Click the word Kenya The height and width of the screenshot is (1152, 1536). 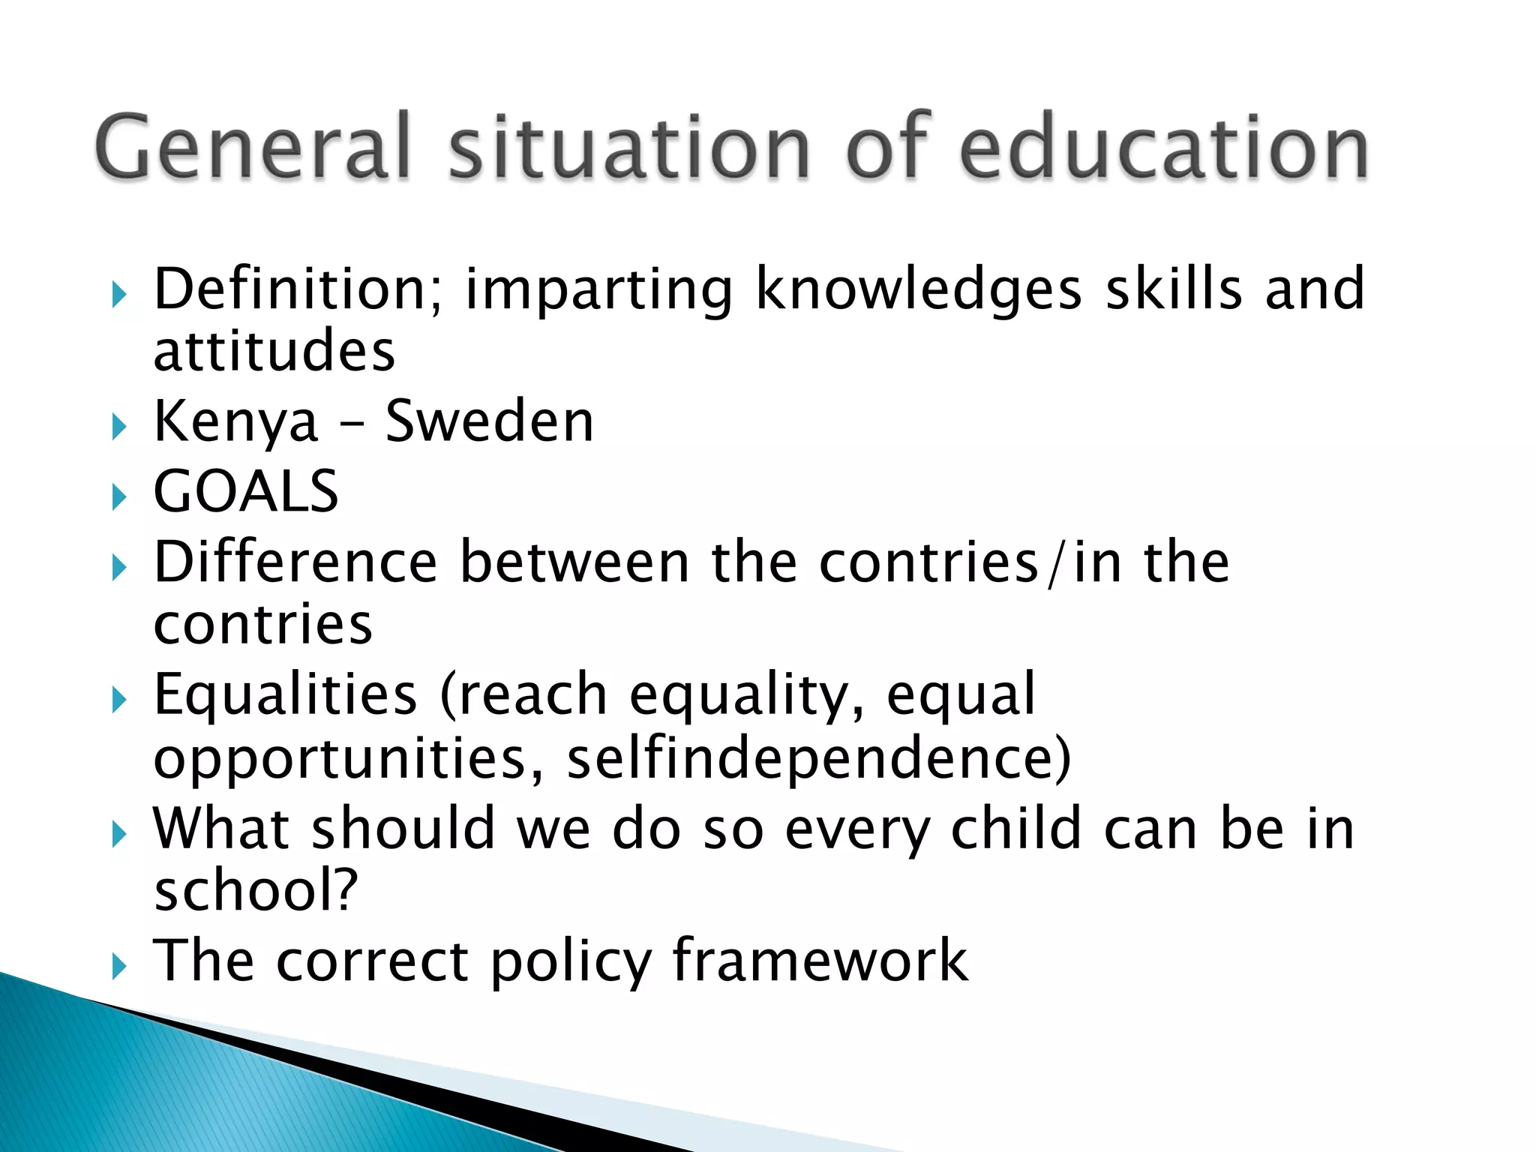tap(236, 421)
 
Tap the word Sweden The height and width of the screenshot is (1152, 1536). tap(489, 421)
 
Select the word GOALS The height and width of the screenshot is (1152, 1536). tap(246, 491)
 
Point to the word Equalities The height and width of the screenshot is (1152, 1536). tap(285, 694)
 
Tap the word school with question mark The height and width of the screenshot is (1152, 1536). tap(256, 890)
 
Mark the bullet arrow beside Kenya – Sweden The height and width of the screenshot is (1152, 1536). tap(118, 427)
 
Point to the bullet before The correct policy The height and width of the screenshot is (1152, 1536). tap(118, 966)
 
